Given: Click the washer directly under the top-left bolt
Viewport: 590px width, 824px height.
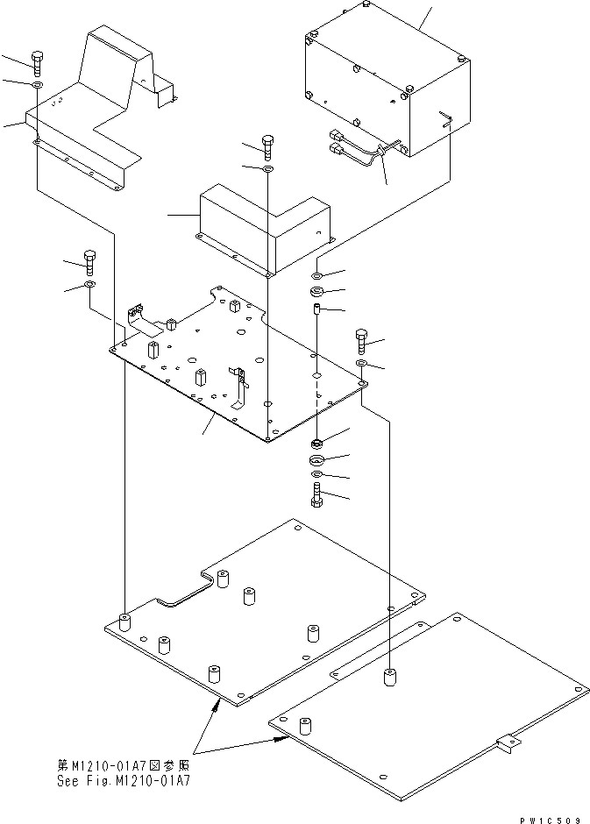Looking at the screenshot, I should (36, 86).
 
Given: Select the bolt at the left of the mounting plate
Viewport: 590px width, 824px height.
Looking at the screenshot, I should (89, 261).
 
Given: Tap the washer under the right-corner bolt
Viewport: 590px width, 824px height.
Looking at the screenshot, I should (362, 363).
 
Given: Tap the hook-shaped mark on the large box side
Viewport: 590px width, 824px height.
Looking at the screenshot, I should (447, 118).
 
